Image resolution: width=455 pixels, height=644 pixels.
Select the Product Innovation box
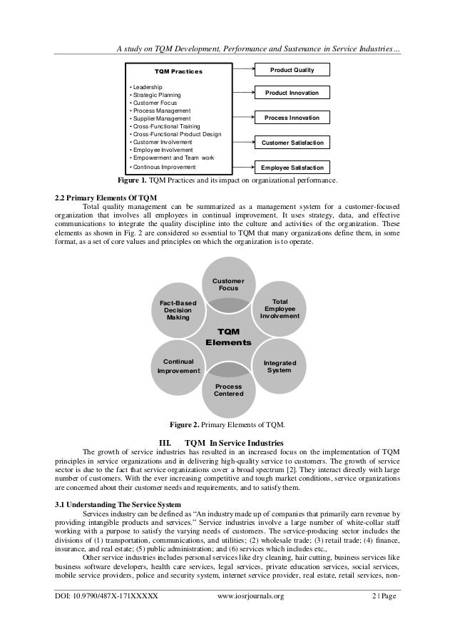pyautogui.click(x=292, y=94)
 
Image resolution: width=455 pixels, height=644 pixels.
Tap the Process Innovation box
pyautogui.click(x=292, y=118)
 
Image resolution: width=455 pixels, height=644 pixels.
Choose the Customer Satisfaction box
pyautogui.click(x=292, y=143)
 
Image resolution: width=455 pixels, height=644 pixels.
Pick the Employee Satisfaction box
pyautogui.click(x=292, y=168)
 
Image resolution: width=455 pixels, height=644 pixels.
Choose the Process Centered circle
pyautogui.click(x=228, y=391)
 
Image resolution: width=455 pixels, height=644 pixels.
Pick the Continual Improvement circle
pyautogui.click(x=177, y=366)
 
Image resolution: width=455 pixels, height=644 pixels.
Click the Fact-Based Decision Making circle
pyautogui.click(x=177, y=311)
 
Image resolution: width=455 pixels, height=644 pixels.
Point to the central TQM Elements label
pyautogui.click(x=228, y=337)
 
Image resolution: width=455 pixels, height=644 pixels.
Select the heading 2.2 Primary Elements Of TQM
pyautogui.click(x=105, y=197)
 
